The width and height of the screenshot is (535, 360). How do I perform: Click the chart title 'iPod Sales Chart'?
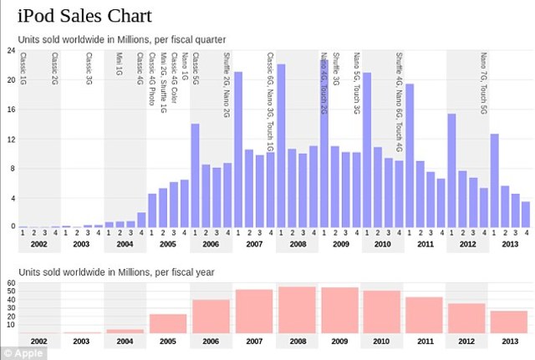click(84, 16)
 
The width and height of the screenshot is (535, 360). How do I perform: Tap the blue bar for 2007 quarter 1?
click(238, 150)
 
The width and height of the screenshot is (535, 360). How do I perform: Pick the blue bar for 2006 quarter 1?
click(195, 175)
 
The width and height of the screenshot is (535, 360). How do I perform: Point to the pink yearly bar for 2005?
click(168, 324)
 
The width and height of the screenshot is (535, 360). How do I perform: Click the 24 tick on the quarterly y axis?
click(11, 51)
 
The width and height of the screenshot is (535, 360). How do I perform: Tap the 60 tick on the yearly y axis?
click(11, 283)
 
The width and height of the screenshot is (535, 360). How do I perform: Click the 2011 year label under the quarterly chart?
click(425, 245)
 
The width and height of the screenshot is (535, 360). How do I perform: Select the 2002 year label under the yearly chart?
click(39, 342)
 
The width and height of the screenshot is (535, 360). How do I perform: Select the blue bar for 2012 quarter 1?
click(451, 170)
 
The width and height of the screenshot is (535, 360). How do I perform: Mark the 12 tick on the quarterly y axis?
click(11, 139)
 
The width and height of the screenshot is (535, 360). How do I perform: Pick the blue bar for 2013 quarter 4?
click(526, 215)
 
